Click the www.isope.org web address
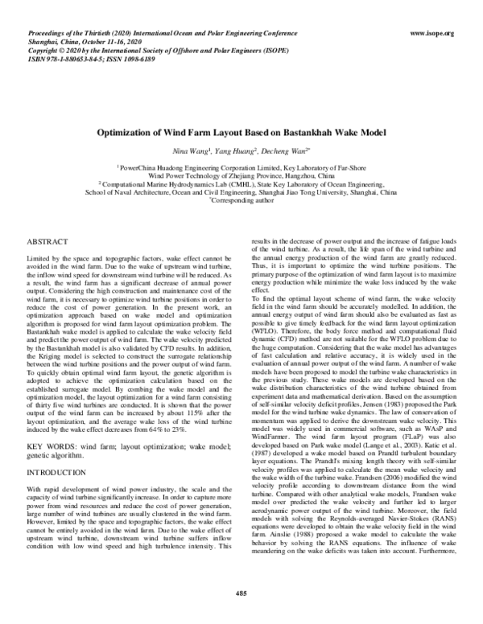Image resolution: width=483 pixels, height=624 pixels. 432,33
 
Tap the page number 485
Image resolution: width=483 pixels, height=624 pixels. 241,593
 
